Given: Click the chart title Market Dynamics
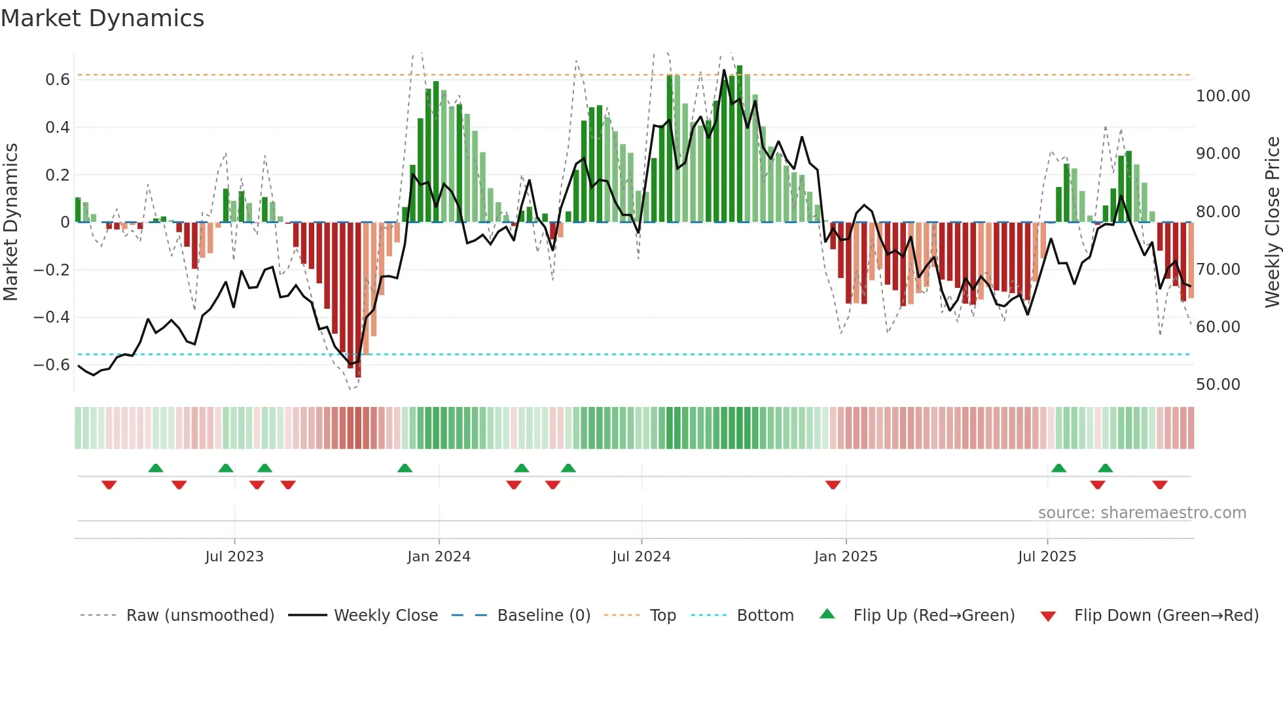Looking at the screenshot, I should point(102,18).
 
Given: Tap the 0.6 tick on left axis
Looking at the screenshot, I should point(58,80).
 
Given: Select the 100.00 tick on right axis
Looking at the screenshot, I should point(1223,96).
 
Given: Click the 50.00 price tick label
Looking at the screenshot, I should point(1218,385).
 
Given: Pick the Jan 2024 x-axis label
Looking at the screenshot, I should point(439,557).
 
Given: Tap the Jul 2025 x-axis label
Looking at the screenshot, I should point(1047,557).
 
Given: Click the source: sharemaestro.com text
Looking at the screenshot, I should point(1142,513).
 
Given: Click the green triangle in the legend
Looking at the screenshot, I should point(827,614).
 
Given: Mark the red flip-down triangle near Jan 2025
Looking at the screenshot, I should point(833,485).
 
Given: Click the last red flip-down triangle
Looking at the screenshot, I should point(1160,485).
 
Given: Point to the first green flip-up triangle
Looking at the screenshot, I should point(156,468).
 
